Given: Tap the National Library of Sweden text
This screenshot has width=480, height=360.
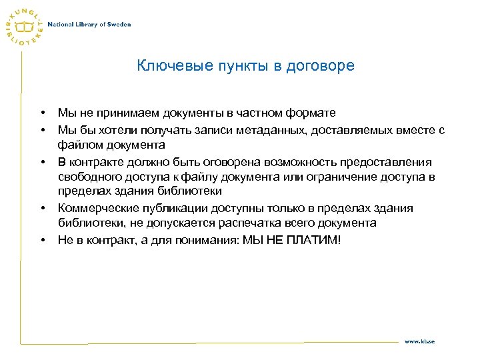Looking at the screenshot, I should point(89,25).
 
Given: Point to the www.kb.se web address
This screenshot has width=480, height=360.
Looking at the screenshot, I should point(420,341).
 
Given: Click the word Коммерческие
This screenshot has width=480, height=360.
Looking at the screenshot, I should point(93,208).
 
